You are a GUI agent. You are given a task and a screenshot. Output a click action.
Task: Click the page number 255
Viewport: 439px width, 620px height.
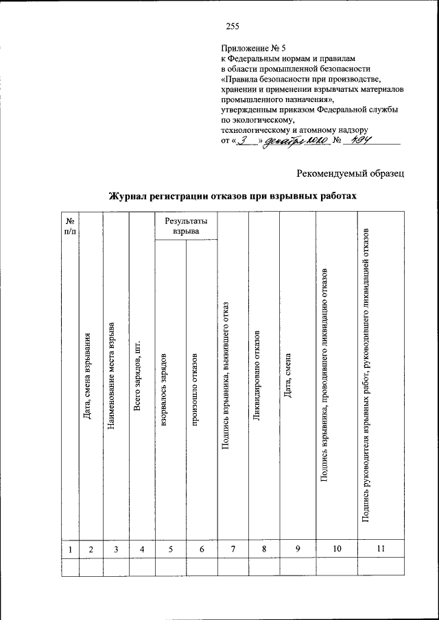[231, 27]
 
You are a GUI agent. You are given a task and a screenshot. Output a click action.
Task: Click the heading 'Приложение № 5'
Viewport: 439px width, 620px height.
[248, 49]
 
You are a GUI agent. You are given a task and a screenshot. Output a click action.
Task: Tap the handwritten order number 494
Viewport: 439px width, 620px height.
[357, 141]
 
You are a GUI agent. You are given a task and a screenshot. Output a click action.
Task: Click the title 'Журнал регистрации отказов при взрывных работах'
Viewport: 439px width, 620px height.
[233, 196]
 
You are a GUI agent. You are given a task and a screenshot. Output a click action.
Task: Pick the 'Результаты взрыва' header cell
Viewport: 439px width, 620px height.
[186, 226]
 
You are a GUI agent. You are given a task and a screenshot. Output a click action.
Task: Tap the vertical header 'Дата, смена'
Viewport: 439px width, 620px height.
[289, 375]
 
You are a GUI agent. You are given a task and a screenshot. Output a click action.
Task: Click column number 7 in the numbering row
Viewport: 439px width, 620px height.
[233, 548]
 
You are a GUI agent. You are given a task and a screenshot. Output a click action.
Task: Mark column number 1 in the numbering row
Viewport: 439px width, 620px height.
[70, 548]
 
